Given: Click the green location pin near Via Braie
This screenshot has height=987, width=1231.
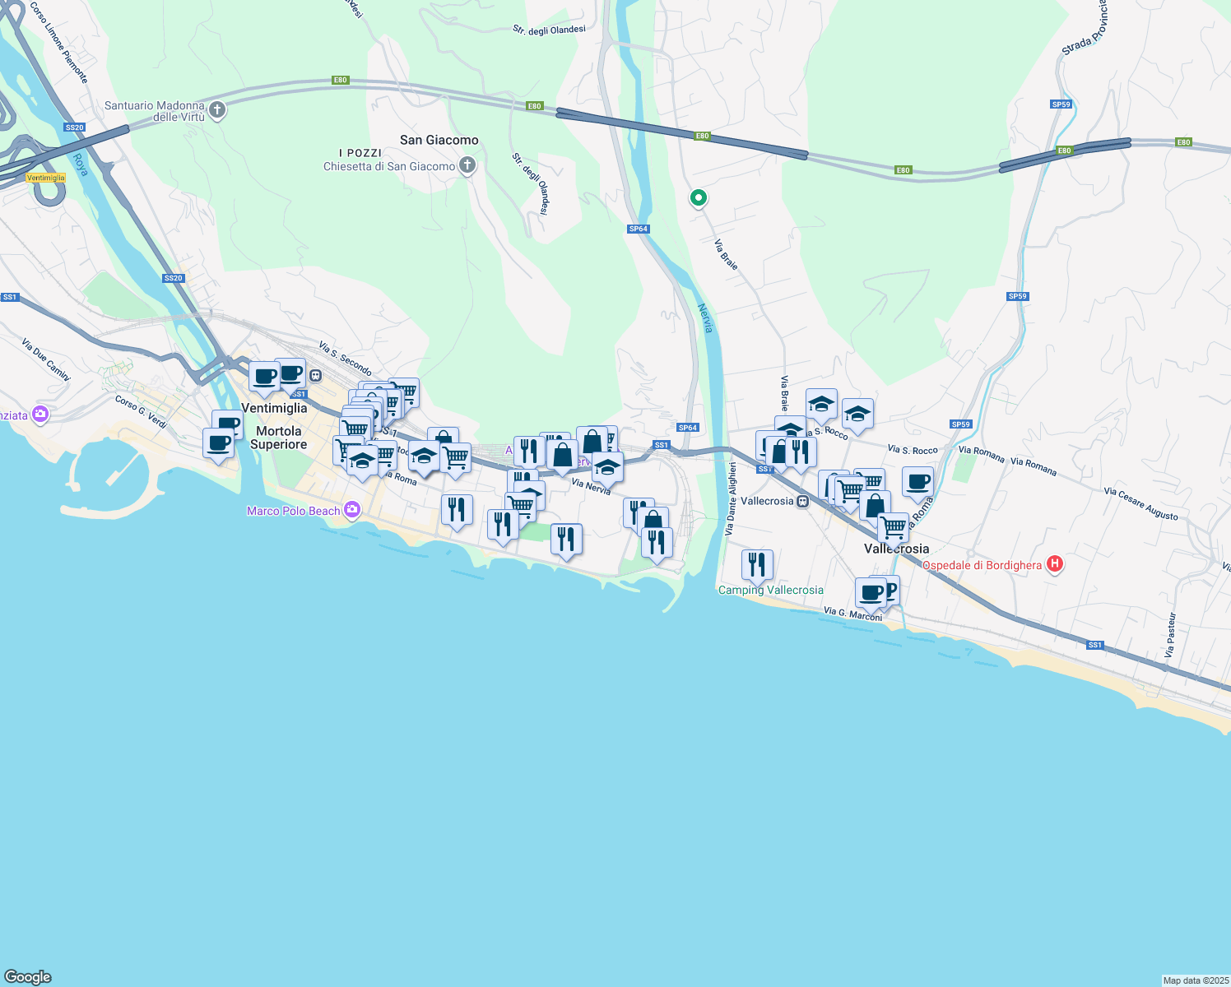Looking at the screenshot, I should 698,197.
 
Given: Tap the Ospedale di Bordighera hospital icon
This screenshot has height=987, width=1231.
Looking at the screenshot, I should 1055,564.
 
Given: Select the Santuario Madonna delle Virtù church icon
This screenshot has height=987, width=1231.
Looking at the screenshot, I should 217,110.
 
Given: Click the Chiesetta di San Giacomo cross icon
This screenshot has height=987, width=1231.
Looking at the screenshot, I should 467,166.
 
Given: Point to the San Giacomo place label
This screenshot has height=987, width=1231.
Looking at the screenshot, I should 439,140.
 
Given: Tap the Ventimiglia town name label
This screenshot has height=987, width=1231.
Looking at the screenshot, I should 274,408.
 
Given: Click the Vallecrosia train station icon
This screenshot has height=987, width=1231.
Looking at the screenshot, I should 802,501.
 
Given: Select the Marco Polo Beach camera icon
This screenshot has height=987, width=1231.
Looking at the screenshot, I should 352,510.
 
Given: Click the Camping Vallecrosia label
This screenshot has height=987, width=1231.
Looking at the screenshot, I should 770,590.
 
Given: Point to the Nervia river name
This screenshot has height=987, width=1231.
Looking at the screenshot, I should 705,318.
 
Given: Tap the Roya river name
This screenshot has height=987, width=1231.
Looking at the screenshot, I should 80,164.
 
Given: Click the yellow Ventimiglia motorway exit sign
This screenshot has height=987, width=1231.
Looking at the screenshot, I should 45,178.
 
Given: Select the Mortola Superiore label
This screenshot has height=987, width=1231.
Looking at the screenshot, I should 278,438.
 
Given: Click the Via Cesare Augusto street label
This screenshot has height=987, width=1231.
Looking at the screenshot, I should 1140,503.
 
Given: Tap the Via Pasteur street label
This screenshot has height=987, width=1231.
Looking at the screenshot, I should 1170,634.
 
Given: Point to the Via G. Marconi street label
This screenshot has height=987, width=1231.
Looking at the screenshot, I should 852,614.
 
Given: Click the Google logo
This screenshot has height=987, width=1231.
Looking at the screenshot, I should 28,976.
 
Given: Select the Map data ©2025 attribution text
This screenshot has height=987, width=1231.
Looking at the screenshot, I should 1195,980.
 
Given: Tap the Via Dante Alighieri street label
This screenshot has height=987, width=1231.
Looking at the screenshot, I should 730,499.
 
